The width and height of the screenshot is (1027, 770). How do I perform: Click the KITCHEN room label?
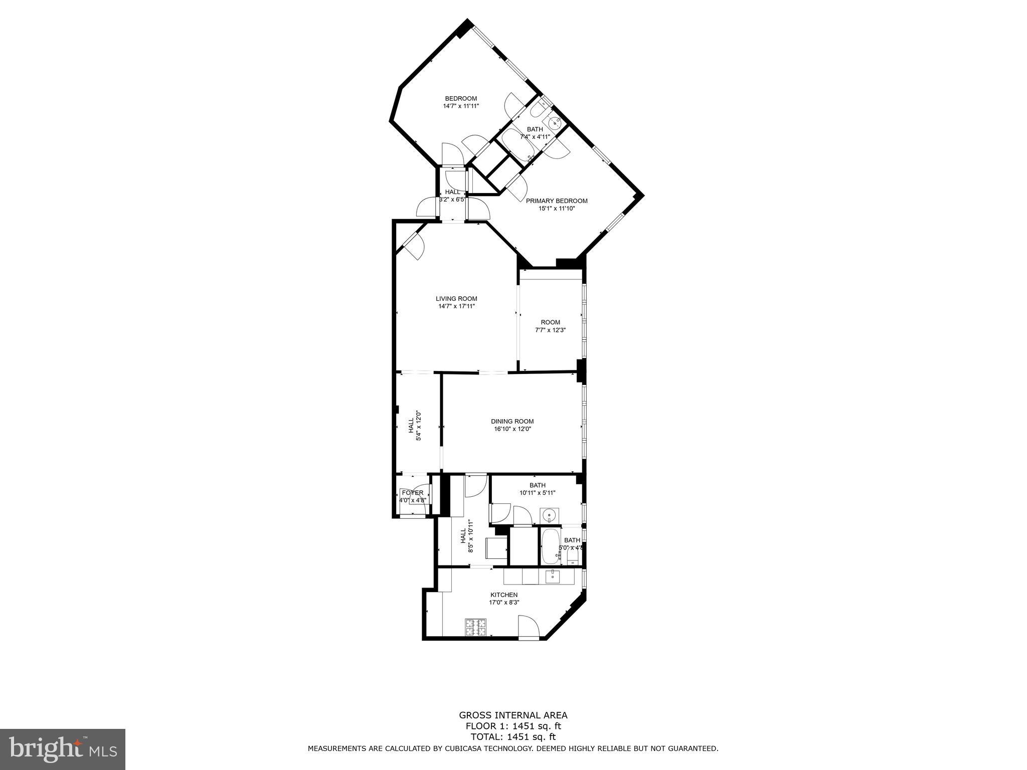[503, 595]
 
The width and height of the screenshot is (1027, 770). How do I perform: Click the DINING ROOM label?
[512, 421]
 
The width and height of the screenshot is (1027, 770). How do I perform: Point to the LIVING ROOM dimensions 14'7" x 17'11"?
[456, 306]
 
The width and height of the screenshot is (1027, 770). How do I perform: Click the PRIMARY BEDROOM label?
[557, 201]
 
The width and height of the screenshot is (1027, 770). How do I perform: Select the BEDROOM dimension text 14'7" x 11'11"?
[461, 106]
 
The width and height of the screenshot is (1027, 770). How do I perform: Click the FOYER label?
[412, 493]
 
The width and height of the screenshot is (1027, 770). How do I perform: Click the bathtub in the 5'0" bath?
[550, 546]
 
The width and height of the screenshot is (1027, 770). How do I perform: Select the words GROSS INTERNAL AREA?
[513, 715]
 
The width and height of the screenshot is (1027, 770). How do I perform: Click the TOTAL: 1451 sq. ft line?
[513, 736]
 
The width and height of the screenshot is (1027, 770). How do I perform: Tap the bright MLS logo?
[62, 749]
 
